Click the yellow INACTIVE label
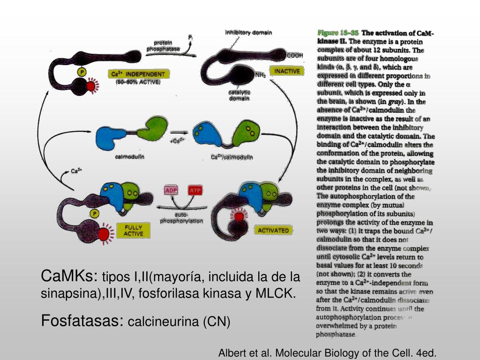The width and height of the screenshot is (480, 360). (x=287, y=71)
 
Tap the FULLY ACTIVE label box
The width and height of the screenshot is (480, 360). (x=134, y=231)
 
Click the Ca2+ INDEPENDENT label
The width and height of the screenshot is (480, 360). (x=138, y=74)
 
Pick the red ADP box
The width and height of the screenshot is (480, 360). (x=170, y=191)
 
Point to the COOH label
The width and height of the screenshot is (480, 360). (x=295, y=55)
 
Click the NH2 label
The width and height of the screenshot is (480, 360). (x=261, y=75)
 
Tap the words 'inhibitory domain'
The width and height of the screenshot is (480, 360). (x=248, y=33)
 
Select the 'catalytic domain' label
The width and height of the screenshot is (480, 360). (x=240, y=96)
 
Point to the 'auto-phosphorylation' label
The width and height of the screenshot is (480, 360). (x=181, y=218)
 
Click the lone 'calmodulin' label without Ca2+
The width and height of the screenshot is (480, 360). (x=129, y=157)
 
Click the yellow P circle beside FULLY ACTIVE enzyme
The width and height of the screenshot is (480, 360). (x=95, y=214)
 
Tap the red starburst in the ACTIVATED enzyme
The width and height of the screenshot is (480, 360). (x=239, y=217)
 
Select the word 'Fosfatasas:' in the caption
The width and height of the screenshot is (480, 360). (x=82, y=321)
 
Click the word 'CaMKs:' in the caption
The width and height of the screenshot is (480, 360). (x=69, y=276)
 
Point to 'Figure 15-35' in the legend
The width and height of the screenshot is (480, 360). (x=337, y=33)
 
